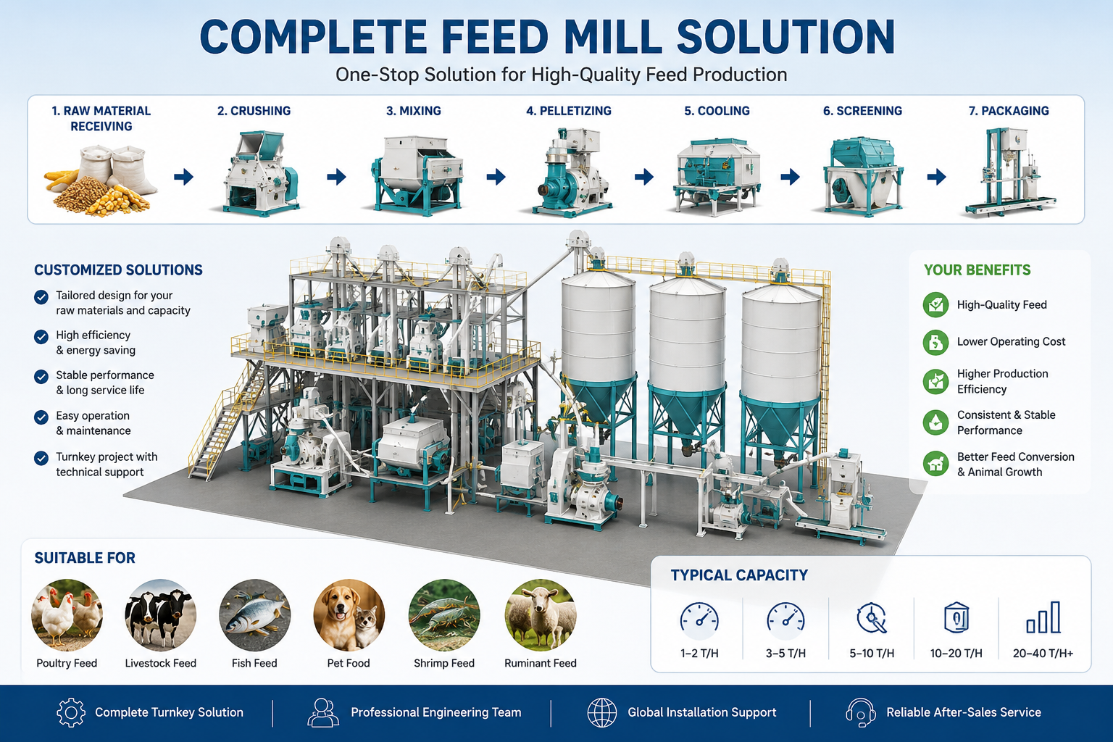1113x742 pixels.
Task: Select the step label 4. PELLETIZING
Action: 569,111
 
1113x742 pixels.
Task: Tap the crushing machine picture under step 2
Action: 259,173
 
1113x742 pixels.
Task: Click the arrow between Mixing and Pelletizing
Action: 496,176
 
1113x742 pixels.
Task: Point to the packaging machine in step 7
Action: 1009,172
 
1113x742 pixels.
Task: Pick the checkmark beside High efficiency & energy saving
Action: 41,336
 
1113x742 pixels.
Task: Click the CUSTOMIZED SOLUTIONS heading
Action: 118,270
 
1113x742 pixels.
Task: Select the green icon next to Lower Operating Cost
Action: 935,343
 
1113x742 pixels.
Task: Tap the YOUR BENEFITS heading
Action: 977,270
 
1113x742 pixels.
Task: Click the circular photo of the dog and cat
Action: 349,614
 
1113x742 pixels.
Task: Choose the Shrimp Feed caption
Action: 444,663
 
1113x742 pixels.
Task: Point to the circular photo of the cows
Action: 160,614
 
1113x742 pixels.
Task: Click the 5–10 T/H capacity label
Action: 872,653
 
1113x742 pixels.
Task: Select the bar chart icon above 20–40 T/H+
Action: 1043,617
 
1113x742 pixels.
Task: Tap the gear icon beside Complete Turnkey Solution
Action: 71,713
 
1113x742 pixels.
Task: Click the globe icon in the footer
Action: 601,713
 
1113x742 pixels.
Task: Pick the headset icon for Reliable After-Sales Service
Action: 861,713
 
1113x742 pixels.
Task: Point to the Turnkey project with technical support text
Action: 107,464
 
